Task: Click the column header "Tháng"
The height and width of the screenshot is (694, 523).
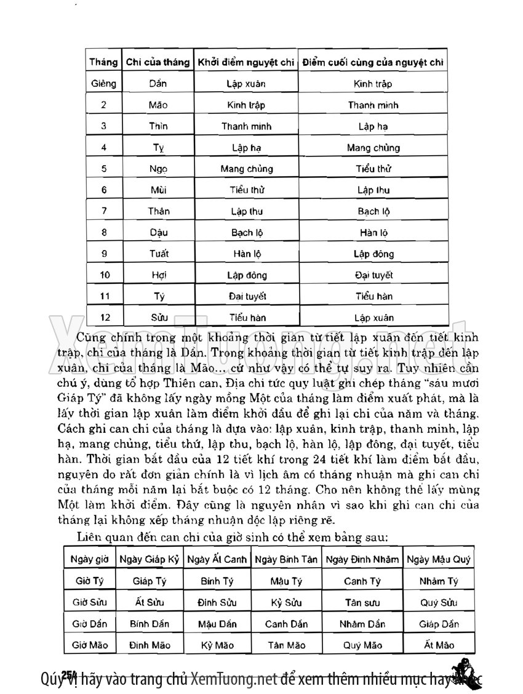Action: (103, 62)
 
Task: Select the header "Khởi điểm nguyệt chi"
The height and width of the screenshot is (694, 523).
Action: (246, 62)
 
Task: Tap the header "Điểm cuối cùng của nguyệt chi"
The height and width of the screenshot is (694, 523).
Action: (373, 62)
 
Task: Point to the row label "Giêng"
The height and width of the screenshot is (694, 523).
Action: (103, 84)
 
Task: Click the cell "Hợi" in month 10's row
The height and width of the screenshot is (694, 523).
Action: (158, 275)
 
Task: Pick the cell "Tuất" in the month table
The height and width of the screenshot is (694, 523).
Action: (158, 254)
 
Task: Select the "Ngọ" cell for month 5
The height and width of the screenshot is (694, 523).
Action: (158, 169)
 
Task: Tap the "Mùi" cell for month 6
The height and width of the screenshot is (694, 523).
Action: (158, 190)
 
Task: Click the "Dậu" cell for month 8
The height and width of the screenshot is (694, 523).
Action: (158, 232)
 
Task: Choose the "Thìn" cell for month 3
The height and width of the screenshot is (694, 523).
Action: (158, 126)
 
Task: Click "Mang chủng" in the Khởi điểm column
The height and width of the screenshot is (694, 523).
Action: (246, 169)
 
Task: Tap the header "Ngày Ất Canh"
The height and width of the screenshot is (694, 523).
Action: (217, 559)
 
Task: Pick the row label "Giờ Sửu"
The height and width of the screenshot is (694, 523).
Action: (90, 602)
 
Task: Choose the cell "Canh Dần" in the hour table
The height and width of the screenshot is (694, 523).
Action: (286, 624)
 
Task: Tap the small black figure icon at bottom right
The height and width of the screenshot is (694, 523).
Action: (463, 673)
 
